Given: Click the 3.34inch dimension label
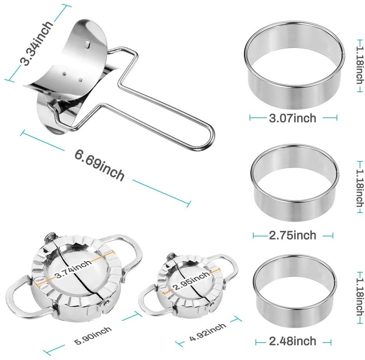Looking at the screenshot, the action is pyautogui.click(x=37, y=43).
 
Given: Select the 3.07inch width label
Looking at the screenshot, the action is pyautogui.click(x=292, y=118).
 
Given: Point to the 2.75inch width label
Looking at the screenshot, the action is pyautogui.click(x=292, y=235).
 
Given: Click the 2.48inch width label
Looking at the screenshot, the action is pyautogui.click(x=292, y=341).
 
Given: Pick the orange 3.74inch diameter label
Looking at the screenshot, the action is pyautogui.click(x=73, y=269).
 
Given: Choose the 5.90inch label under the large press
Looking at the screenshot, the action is pyautogui.click(x=93, y=335).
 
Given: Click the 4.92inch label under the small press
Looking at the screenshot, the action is pyautogui.click(x=208, y=332).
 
